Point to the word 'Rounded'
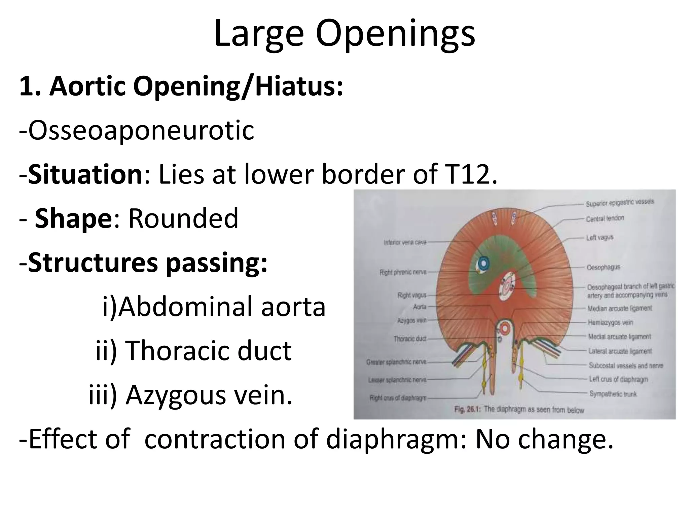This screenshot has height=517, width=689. (x=183, y=218)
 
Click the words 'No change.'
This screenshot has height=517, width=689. (x=544, y=439)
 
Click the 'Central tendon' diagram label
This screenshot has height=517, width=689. (x=605, y=218)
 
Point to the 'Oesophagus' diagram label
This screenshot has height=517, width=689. (x=603, y=267)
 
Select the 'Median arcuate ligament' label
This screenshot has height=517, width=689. (x=619, y=308)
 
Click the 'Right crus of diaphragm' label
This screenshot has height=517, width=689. (x=398, y=398)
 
